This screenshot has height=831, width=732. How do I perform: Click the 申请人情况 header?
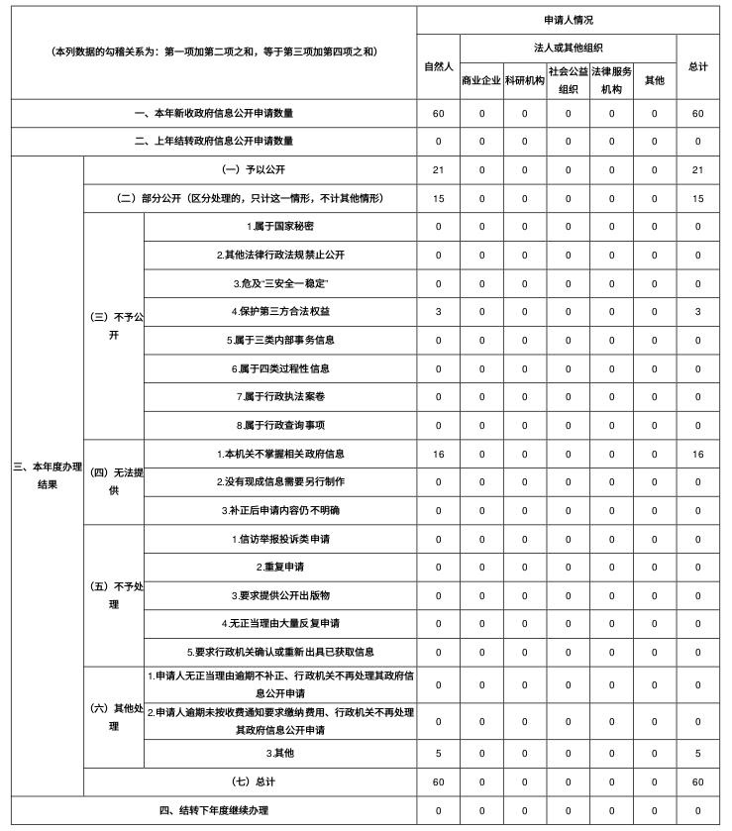[569, 20]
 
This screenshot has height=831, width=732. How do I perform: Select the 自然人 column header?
[438, 66]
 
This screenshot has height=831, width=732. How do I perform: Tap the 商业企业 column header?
[481, 80]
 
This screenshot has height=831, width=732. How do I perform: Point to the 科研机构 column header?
[524, 80]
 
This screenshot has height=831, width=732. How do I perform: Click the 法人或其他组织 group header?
[569, 48]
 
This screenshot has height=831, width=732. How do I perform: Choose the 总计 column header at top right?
[697, 66]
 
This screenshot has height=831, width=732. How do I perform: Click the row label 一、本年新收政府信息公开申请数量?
[214, 113]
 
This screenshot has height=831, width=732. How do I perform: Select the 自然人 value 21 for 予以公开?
[438, 169]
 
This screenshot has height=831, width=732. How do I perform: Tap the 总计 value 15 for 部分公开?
[697, 198]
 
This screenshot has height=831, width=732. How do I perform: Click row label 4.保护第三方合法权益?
[280, 312]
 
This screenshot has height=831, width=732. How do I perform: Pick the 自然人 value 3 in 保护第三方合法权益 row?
[438, 312]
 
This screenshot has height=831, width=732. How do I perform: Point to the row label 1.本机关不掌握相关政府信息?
[280, 454]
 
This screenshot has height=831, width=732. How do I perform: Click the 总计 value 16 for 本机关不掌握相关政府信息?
[697, 454]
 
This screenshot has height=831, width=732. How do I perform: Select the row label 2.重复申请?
[280, 568]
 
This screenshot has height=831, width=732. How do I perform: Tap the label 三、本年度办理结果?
[47, 475]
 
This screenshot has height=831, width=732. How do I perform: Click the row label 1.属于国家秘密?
[280, 226]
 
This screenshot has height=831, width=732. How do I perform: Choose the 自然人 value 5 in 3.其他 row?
[438, 754]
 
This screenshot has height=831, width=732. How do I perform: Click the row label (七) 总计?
[250, 782]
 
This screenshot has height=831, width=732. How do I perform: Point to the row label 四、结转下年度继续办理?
[214, 811]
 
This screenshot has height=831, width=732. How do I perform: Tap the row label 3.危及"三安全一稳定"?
[280, 283]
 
